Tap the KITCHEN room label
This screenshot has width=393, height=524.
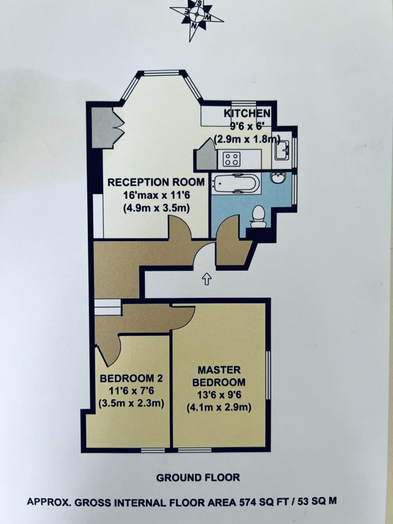(247, 113)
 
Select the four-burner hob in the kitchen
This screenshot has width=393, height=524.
(232, 159)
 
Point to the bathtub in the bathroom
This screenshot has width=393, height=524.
(236, 183)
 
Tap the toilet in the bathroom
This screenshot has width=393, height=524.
(258, 216)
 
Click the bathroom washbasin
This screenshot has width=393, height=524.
(278, 178)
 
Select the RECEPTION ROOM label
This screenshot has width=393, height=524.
(156, 183)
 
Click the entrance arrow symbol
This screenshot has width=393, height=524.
(207, 279)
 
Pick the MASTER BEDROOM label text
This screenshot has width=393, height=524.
(219, 376)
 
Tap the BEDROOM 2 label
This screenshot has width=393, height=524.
(132, 379)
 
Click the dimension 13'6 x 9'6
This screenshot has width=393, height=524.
(219, 395)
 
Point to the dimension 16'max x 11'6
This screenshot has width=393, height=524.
(156, 195)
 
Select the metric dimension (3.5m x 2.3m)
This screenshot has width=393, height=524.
(132, 403)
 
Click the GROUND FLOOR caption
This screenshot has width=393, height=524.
(198, 477)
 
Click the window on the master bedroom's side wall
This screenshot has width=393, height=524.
(268, 375)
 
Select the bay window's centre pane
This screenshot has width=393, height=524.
(161, 73)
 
